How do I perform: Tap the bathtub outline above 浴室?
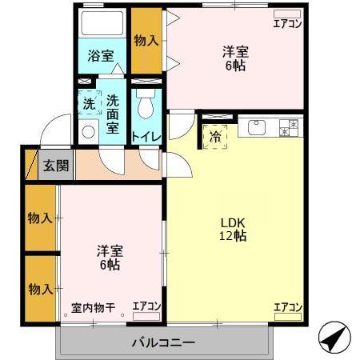[102, 23]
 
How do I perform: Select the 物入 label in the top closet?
[146, 39]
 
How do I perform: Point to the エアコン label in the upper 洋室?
[287, 23]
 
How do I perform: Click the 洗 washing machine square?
[90, 103]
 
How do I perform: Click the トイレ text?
[146, 137]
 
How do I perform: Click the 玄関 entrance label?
[55, 166]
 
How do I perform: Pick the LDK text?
[234, 222]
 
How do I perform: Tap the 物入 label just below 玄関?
[39, 218]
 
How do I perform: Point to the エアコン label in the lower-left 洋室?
[146, 306]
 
